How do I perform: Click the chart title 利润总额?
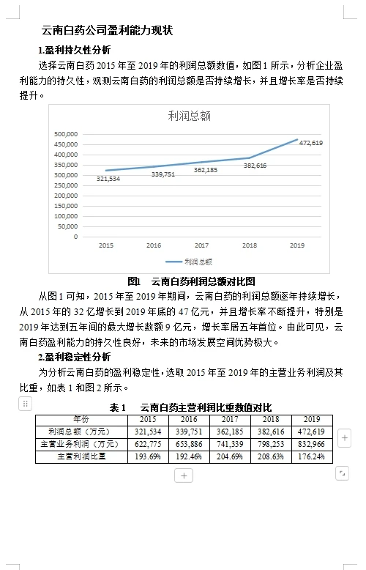click(189, 116)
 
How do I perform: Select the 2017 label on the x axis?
click(201, 245)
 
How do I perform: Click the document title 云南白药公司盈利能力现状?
click(108, 31)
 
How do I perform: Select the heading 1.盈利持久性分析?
click(75, 50)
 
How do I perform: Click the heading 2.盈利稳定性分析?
click(75, 357)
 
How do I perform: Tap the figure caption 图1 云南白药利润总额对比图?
click(191, 281)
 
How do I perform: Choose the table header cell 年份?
click(82, 419)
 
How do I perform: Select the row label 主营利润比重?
click(82, 456)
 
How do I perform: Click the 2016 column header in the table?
click(189, 419)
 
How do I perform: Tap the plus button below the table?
click(184, 475)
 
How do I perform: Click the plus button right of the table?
click(345, 438)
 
